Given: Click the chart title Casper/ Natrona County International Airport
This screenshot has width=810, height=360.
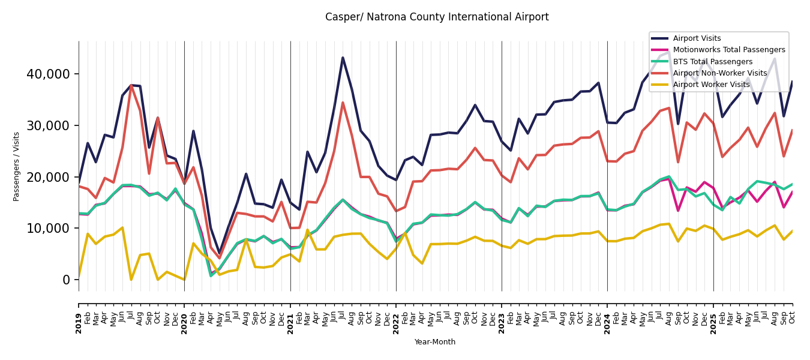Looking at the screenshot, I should point(437,17).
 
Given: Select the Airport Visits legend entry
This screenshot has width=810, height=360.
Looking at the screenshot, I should point(697,38).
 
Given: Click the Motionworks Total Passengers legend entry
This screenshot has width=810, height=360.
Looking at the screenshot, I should point(728,50).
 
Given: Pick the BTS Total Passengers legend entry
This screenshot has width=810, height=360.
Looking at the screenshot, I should point(712,62).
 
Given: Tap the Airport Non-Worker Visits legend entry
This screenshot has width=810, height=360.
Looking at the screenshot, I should point(719,73).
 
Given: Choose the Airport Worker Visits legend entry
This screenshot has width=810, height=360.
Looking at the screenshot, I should point(711,85).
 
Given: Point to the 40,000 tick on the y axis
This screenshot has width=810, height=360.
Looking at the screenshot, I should point(48,74).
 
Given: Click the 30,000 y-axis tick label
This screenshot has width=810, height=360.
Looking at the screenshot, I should point(48,125).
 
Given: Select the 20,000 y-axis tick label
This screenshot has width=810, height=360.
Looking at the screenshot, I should point(48,177).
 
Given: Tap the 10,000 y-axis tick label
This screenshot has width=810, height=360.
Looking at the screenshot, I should point(48,229).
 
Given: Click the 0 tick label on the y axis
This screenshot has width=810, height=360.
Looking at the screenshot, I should point(67,280).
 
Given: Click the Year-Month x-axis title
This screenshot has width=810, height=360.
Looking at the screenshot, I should point(435,342).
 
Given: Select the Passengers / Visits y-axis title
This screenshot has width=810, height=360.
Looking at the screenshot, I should point(17,166).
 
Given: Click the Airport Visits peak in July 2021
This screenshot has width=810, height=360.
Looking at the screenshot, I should point(343,58).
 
